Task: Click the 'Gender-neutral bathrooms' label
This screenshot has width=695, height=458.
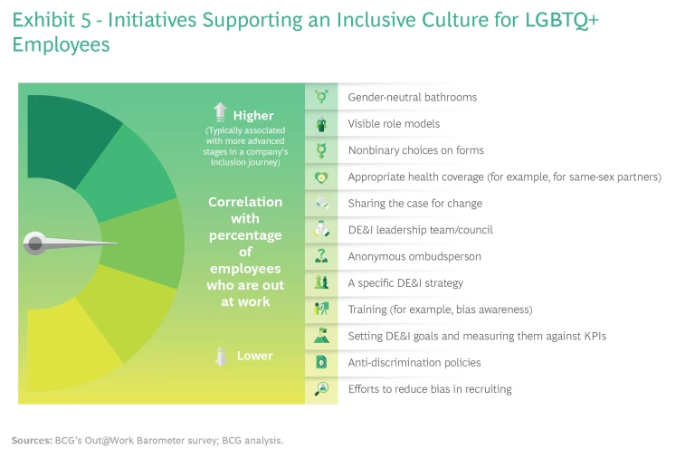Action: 412,97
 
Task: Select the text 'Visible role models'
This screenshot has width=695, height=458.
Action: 394,124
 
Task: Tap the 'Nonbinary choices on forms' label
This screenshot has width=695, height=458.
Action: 415,150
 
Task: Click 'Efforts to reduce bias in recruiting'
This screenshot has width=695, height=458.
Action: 430,389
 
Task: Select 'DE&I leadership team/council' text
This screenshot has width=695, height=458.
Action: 420,230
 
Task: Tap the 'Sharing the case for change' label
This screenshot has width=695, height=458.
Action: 414,204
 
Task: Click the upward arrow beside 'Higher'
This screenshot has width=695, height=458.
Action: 219,113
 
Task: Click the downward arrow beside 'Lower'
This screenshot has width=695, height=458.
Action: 220,357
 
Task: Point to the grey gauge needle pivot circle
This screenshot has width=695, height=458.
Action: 35,243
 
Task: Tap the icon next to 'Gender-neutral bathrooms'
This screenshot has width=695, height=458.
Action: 321,97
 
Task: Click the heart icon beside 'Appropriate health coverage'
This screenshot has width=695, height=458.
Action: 321,177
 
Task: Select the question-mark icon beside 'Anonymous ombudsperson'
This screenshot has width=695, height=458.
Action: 321,257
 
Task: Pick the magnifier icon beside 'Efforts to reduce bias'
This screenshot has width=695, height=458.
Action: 321,389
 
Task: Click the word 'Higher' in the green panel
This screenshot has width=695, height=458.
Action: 252,116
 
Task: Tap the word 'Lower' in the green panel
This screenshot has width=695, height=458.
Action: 254,357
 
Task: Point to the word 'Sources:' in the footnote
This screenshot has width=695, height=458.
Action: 32,441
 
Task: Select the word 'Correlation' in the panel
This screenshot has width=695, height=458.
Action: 245,202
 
